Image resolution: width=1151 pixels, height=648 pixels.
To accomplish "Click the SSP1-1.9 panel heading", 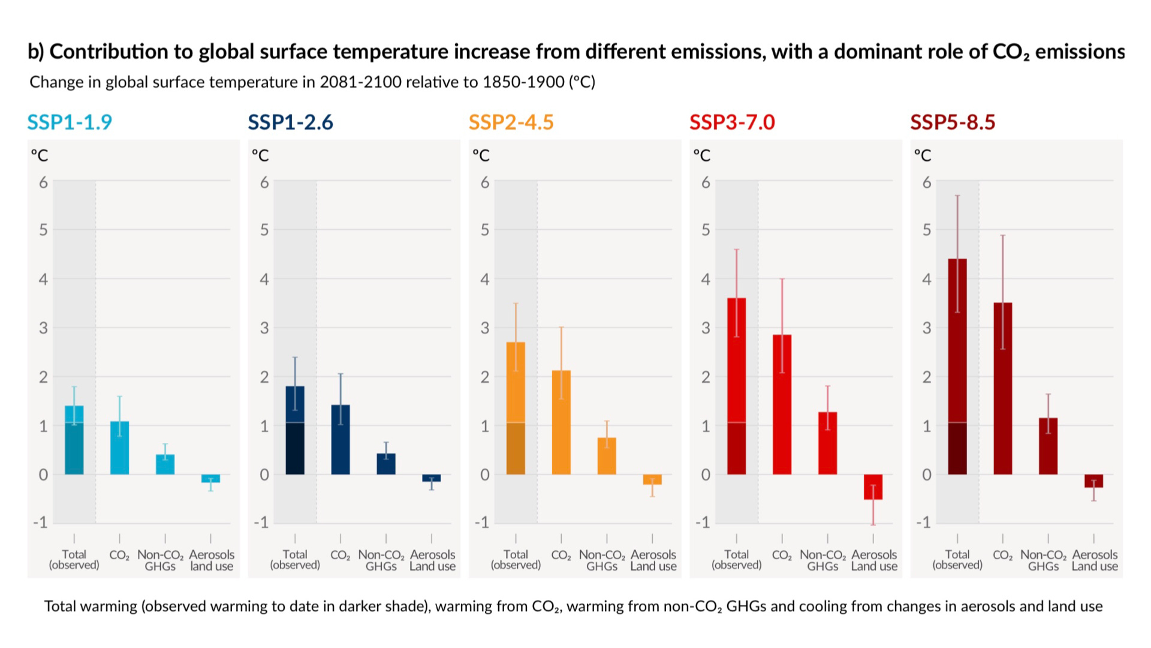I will tap(70, 122).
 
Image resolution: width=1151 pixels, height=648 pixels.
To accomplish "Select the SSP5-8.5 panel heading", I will tap(953, 122).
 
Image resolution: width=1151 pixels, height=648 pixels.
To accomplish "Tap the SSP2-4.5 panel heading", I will tap(511, 122).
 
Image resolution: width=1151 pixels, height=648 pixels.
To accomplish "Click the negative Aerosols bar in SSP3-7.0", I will tap(873, 487).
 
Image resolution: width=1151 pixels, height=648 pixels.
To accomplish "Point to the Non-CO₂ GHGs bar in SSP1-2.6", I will tap(386, 464).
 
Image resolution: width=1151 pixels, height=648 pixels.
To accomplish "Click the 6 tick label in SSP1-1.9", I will tap(43, 182).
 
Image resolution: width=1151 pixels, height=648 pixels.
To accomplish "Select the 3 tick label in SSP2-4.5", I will tap(485, 328).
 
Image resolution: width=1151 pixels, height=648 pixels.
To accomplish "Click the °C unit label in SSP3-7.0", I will tap(702, 156).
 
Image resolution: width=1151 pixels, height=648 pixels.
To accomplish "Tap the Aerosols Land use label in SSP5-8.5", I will tap(1095, 560).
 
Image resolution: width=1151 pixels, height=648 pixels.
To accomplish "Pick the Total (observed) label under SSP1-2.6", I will tap(295, 559).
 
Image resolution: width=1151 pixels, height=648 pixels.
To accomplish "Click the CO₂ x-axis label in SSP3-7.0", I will tap(782, 556).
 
